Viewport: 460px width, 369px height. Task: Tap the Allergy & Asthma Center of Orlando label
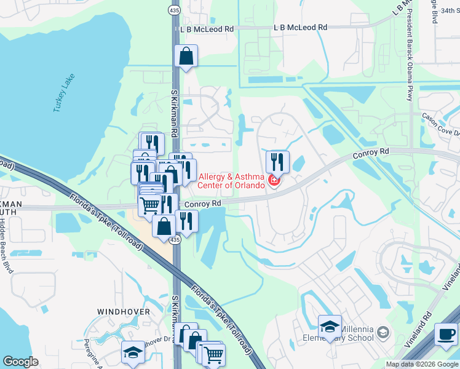point(231,180)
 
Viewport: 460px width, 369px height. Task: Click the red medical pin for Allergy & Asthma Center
point(274,181)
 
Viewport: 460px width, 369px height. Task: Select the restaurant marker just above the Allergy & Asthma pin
point(277,162)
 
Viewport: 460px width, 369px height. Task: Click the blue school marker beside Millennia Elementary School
point(330,326)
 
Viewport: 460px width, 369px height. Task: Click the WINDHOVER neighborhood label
point(124,312)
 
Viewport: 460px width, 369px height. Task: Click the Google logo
point(20,361)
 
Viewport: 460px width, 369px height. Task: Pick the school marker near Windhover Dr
point(133,352)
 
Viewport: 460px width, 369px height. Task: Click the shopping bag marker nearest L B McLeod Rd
point(185,57)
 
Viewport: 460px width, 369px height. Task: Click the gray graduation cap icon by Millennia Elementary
point(384,333)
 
